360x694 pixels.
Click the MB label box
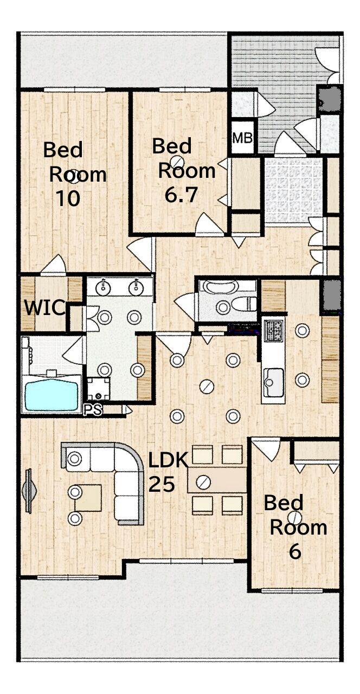coord(242,138)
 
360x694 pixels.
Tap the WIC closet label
coord(45,308)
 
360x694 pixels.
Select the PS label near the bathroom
coord(93,410)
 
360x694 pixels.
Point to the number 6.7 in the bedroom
coord(181,195)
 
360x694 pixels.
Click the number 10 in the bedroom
coord(68,198)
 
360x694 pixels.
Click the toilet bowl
coord(244,304)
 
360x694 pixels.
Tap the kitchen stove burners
coord(273,331)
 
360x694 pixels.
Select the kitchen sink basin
coord(274,383)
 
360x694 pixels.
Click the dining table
coord(217,480)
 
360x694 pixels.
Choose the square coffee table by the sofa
coord(88,498)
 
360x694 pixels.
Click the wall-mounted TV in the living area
coord(29,491)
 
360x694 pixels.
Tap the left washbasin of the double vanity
coord(103,288)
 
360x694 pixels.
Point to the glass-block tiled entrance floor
coord(293,190)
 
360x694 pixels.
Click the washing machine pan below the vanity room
coord(99,389)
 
